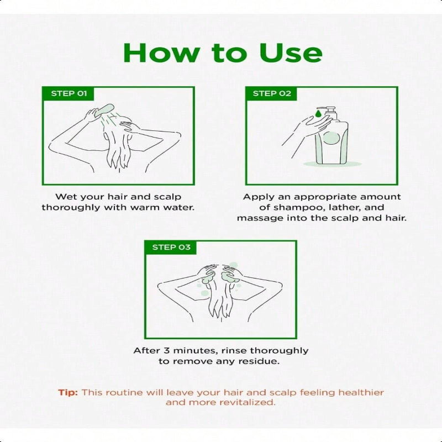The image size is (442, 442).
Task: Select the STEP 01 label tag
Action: click(x=68, y=93)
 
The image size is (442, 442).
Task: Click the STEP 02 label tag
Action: click(x=271, y=93)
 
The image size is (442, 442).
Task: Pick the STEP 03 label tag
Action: click(x=171, y=248)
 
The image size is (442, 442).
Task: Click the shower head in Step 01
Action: click(x=104, y=109)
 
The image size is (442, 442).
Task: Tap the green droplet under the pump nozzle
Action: click(x=318, y=114)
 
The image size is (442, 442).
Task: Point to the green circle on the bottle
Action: click(x=331, y=138)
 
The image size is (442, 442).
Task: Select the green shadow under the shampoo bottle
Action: click(x=332, y=164)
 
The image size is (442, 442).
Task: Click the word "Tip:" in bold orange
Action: click(x=68, y=392)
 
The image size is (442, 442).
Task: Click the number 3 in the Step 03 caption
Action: click(x=167, y=351)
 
